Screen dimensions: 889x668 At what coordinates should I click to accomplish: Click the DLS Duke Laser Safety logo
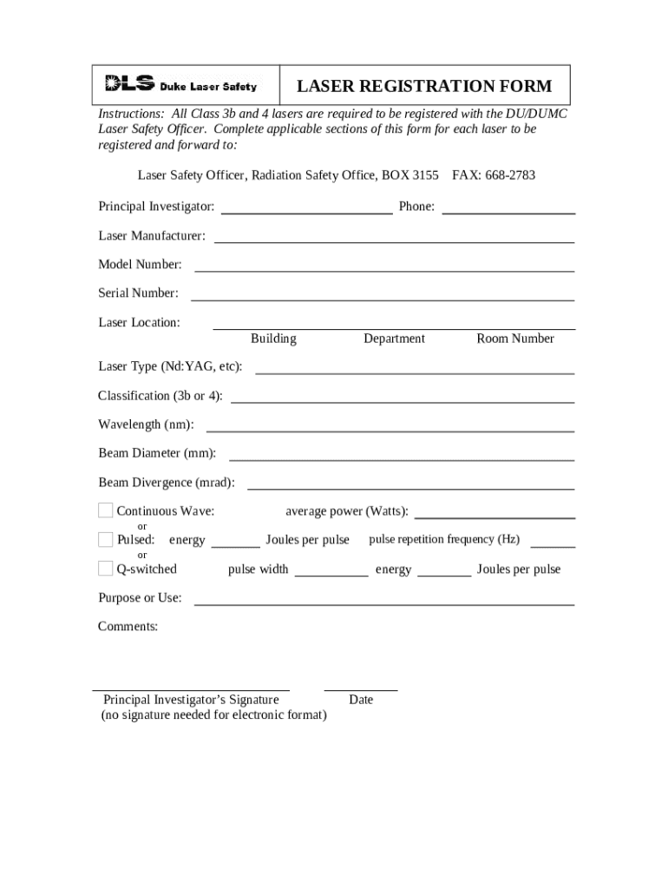[x=181, y=85]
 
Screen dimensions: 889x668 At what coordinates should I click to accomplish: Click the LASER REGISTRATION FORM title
[x=424, y=86]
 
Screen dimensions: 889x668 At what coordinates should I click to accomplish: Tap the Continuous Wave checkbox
[x=105, y=510]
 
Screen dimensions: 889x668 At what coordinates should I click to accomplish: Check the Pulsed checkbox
[x=105, y=539]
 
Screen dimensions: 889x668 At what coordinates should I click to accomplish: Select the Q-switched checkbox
[x=105, y=569]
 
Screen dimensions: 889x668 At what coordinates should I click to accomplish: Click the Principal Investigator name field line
[x=307, y=211]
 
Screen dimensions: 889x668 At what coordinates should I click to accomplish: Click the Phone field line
[x=508, y=211]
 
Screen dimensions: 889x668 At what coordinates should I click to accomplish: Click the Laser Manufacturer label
[x=152, y=236]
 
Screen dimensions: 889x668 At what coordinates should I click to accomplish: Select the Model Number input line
[x=383, y=269]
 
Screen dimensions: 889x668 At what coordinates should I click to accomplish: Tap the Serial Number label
[x=138, y=293]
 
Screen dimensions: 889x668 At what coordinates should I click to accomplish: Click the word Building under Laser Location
[x=273, y=339]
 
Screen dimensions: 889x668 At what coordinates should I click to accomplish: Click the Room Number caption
[x=514, y=339]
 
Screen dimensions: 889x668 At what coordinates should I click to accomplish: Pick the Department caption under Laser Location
[x=394, y=339]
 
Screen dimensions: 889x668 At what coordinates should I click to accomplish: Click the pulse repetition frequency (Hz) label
[x=444, y=539]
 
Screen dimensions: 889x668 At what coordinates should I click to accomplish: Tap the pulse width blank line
[x=331, y=574]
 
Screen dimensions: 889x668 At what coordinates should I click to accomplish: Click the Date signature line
[x=361, y=688]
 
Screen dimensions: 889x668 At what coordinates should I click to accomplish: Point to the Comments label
[x=128, y=626]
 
